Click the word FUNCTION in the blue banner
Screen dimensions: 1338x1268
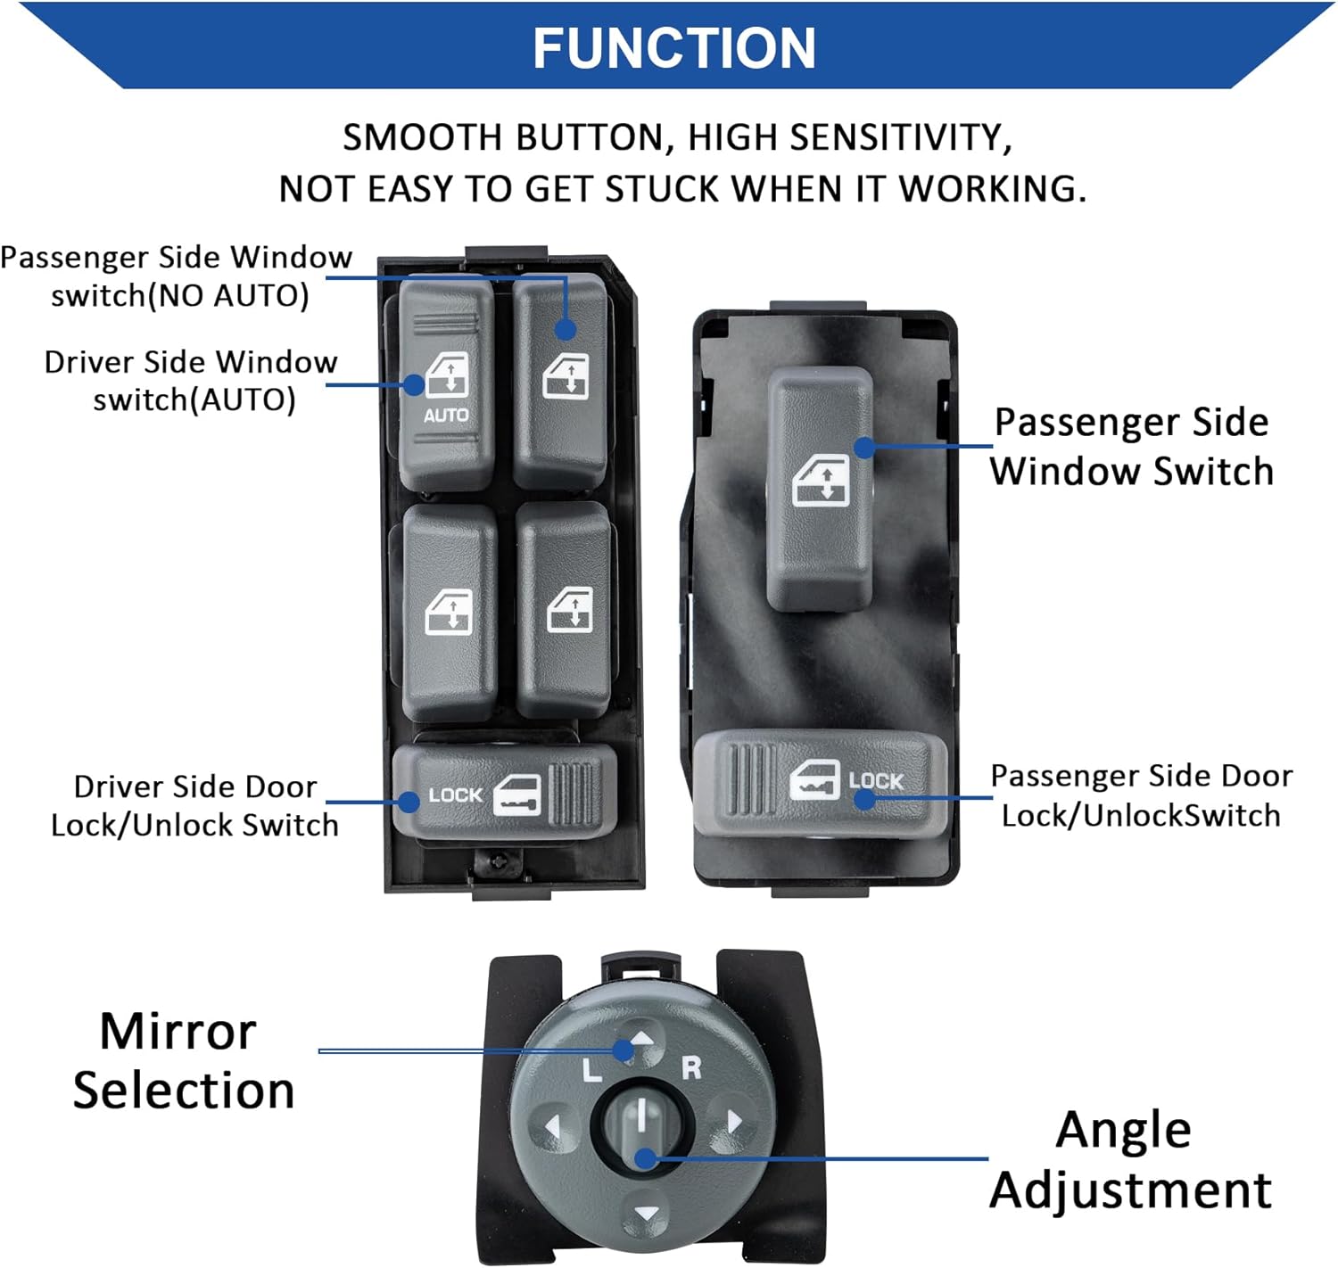(673, 48)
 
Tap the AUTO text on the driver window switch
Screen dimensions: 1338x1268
(446, 416)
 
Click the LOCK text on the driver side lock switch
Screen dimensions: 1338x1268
(455, 795)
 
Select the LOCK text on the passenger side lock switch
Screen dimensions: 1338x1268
(875, 781)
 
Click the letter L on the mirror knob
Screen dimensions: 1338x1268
(591, 1070)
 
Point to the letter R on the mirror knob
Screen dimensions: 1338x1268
(691, 1067)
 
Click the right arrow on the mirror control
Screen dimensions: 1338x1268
(734, 1121)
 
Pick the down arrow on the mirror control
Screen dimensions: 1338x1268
(645, 1214)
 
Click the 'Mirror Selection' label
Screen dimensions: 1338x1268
(182, 1061)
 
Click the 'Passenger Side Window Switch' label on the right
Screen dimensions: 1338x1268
(1131, 447)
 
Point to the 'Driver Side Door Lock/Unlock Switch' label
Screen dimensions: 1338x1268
(194, 806)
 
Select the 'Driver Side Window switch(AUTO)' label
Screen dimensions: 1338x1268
(192, 381)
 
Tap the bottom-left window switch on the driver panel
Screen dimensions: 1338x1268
(450, 613)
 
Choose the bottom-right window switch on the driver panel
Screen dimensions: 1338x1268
(566, 610)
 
